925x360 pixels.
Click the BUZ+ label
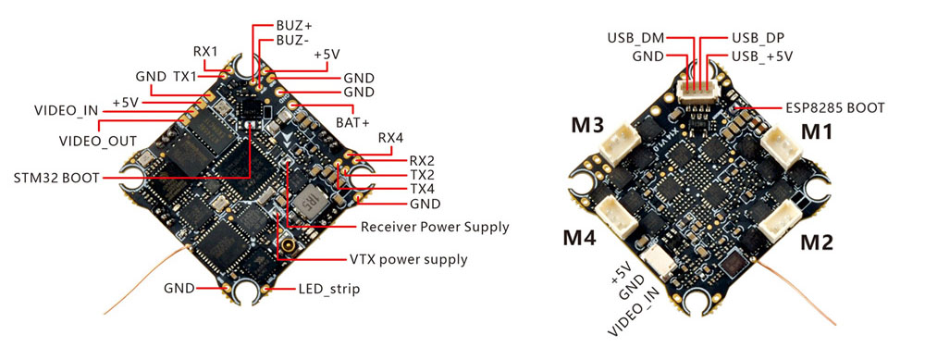pyautogui.click(x=294, y=26)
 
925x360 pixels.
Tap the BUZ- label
pyautogui.click(x=292, y=41)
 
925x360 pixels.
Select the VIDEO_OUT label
pyautogui.click(x=98, y=141)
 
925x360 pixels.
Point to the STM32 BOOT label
pyautogui.click(x=56, y=178)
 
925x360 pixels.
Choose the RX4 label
pyautogui.click(x=390, y=139)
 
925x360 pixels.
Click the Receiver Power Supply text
pyautogui.click(x=435, y=227)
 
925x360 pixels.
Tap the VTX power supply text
pyautogui.click(x=408, y=259)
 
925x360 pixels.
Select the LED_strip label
pyautogui.click(x=328, y=289)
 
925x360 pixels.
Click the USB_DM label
pyautogui.click(x=635, y=38)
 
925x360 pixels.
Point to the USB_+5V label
pyautogui.click(x=762, y=56)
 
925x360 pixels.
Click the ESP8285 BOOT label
pyautogui.click(x=835, y=108)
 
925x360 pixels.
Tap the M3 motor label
pyautogui.click(x=587, y=125)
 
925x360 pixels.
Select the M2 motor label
pyautogui.click(x=817, y=242)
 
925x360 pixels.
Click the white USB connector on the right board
pyautogui.click(x=699, y=91)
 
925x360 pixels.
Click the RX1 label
pyautogui.click(x=205, y=50)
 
